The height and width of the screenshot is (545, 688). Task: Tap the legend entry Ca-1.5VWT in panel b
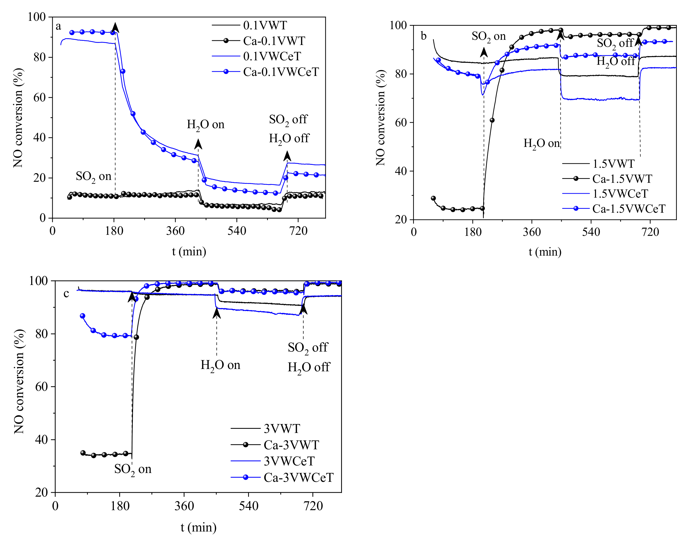622,179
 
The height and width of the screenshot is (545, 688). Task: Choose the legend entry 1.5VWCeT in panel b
620,194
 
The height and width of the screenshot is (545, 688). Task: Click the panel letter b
424,36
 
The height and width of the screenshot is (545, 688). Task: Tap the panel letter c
66,293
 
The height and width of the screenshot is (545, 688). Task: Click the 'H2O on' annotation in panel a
205,125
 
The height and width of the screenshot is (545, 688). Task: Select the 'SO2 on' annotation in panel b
488,36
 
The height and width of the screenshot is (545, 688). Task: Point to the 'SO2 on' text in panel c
133,469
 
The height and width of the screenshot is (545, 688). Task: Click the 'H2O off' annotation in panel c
308,367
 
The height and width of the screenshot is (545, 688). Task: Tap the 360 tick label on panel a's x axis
175,230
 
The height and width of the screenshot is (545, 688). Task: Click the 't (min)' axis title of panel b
545,252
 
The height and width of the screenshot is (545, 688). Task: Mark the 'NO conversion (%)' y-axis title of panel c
19,381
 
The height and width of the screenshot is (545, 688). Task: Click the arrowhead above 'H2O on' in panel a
198,144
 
